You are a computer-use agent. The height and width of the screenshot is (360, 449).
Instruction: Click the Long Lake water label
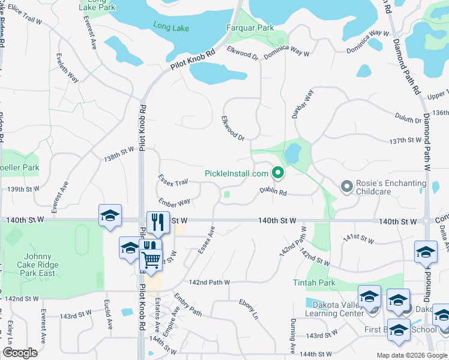pos(171,28)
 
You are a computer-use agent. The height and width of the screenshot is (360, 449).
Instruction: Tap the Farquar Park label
pos(250,28)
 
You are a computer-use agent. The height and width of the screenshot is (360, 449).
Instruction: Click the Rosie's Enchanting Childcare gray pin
pos(346,187)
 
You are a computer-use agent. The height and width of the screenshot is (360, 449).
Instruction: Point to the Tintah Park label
pos(313,283)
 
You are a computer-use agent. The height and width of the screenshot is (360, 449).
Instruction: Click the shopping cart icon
pos(151,260)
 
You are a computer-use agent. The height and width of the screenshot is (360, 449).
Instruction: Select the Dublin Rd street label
pos(273,191)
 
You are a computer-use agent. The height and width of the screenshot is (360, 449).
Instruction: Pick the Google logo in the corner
pos(20,353)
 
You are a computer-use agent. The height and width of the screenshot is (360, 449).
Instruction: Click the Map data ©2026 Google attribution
pos(411,355)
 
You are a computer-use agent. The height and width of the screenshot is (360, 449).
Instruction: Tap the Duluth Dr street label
pos(408,117)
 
